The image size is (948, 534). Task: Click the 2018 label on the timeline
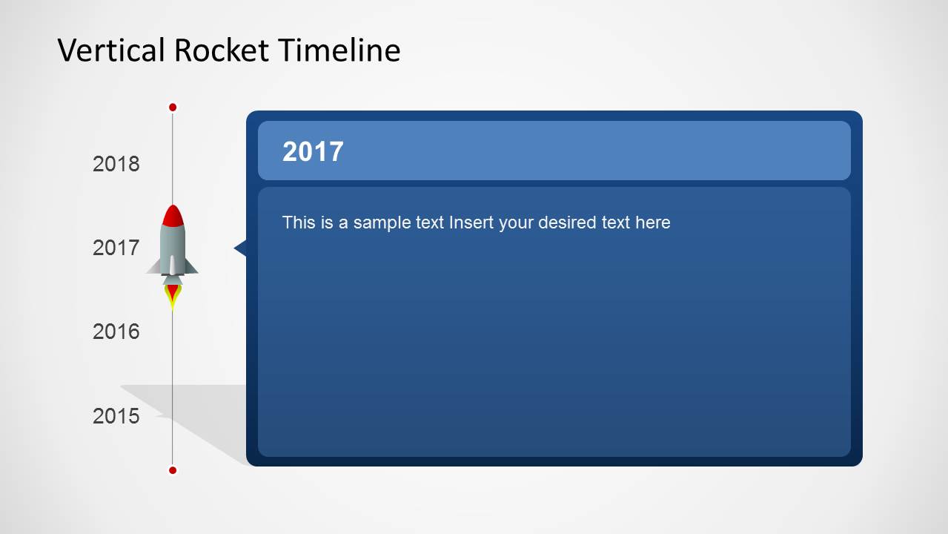116,164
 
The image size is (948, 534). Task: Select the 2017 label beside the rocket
116,248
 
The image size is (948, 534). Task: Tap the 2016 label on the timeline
116,332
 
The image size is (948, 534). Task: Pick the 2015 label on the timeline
116,416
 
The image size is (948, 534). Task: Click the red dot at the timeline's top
173,108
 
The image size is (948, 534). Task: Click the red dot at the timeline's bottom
173,470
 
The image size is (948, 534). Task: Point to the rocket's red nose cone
173,216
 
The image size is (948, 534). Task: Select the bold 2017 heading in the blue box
313,151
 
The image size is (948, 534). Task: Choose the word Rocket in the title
221,50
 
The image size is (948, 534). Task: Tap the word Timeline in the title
339,50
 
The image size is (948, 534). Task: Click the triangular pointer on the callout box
240,248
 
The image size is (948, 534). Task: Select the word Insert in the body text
471,222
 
